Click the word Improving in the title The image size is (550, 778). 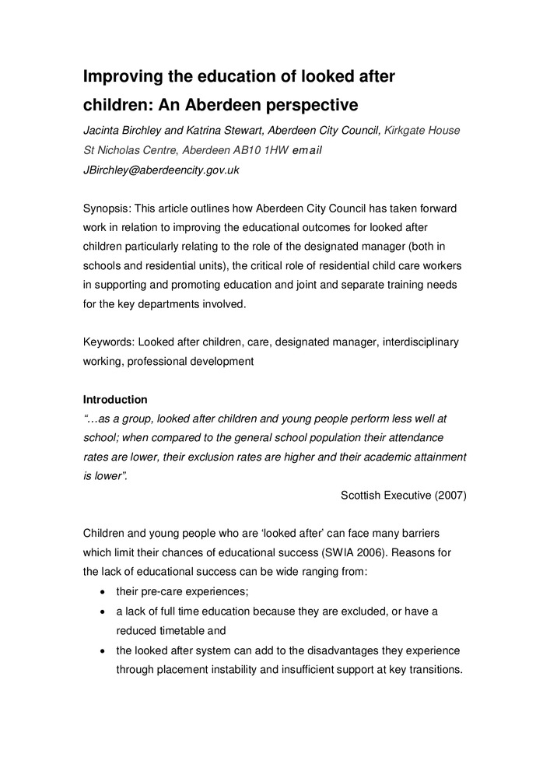[x=124, y=76]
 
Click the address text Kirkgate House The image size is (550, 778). [x=422, y=130]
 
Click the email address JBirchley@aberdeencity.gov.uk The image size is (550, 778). [x=161, y=170]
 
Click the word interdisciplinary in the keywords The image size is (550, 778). [x=421, y=342]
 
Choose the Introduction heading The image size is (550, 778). [x=115, y=399]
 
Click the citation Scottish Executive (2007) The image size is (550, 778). [x=404, y=495]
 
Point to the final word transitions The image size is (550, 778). [x=434, y=669]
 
